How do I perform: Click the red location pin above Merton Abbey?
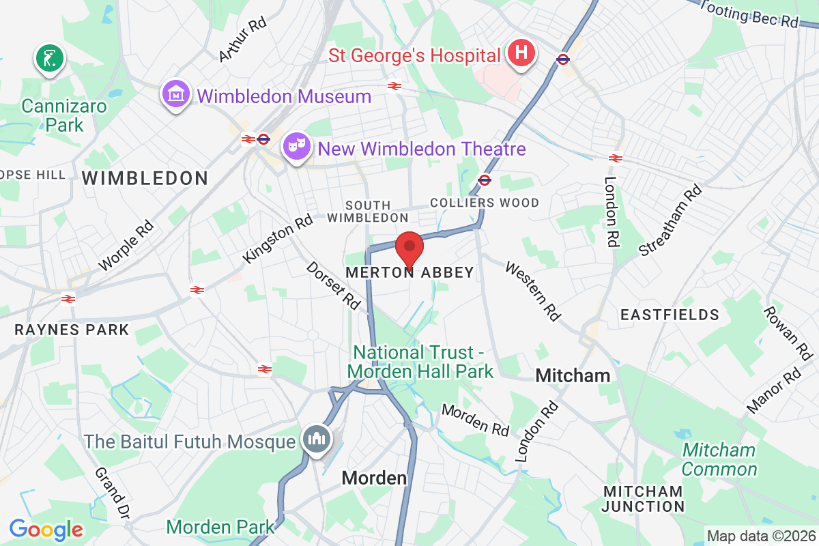[409, 246]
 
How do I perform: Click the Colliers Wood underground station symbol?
[485, 180]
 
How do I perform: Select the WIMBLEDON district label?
[145, 179]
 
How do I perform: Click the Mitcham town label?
[573, 375]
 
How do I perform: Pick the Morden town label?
[374, 478]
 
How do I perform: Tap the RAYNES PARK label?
[72, 330]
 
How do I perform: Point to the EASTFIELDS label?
[669, 315]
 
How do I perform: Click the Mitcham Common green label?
[719, 460]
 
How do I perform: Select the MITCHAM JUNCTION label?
[643, 499]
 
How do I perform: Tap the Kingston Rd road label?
[278, 239]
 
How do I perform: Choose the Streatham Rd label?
[670, 220]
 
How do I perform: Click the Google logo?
[46, 529]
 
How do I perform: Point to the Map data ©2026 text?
[760, 536]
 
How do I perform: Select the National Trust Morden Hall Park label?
[420, 362]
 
